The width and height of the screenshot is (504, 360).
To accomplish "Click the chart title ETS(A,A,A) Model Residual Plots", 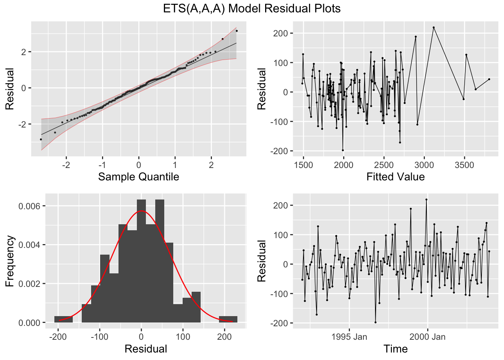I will tap(252, 8).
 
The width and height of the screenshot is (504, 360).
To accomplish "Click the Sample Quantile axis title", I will tap(138, 177).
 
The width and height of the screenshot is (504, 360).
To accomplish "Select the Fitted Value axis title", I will tap(395, 177).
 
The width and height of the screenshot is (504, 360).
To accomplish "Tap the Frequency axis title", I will tap(10, 261).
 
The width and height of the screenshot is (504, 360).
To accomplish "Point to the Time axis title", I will tap(395, 349).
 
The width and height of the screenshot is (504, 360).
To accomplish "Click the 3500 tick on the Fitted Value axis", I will tap(464, 165).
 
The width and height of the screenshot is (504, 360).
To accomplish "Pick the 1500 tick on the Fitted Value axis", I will tap(303, 165).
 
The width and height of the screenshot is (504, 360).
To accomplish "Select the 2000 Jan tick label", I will tap(427, 337).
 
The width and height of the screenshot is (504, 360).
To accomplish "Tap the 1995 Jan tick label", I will tap(349, 337).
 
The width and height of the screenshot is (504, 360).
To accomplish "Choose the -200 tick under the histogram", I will tap(58, 337).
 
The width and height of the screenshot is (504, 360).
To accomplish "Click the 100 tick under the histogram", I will tap(183, 337).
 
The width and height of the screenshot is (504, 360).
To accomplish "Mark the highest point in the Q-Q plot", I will tap(237, 31).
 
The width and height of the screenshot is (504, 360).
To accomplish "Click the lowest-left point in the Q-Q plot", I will tap(41, 139).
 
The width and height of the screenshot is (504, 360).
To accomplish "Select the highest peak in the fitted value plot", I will tap(433, 27).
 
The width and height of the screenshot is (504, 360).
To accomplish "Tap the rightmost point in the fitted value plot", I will tap(489, 79).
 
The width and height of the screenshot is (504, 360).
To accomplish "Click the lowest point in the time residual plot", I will tap(375, 322).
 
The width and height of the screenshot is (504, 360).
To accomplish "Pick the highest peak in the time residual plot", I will tap(426, 199).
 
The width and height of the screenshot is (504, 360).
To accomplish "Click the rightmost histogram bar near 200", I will tap(228, 319).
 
